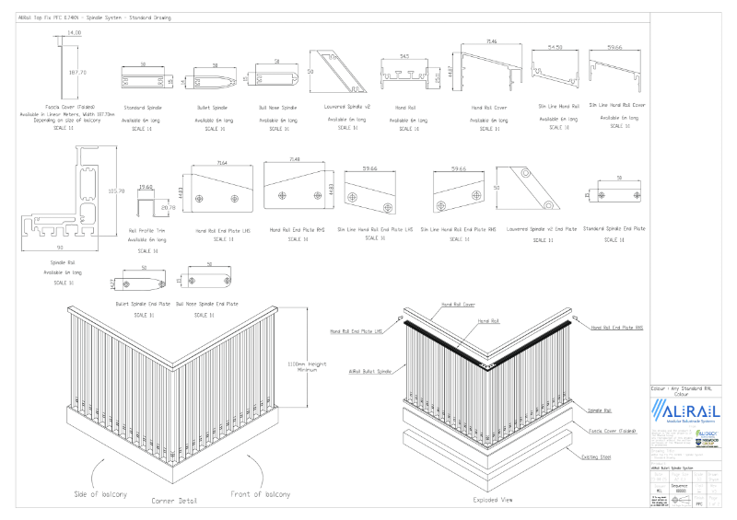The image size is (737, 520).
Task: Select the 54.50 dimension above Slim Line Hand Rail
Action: point(555,46)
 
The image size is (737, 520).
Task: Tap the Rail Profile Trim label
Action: point(146,230)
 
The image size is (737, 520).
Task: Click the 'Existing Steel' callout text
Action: point(597,455)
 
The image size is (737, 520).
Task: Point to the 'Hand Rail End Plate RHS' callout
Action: point(616,327)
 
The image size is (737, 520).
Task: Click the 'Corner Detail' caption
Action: point(175,503)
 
